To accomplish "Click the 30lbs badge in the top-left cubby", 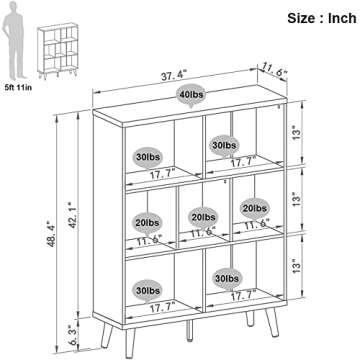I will pyautogui.click(x=146, y=157).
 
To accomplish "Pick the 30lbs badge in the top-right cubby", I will pyautogui.click(x=224, y=147).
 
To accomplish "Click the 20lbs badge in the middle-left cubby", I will pyautogui.click(x=146, y=222).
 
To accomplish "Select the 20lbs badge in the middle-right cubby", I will pyautogui.click(x=254, y=208).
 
